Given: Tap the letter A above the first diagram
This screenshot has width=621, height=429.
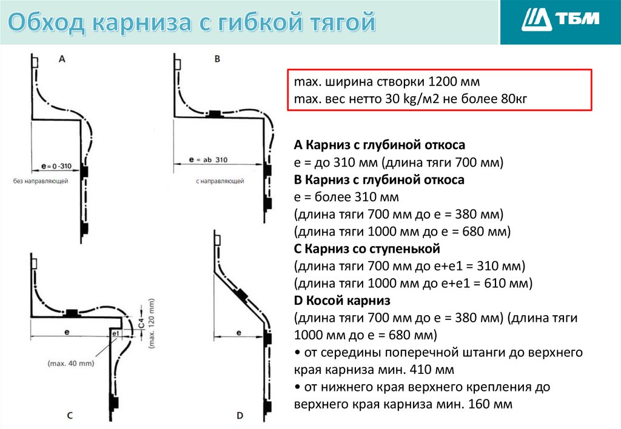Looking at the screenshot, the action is click(62, 59).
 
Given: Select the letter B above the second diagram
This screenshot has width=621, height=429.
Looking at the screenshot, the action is click(217, 59).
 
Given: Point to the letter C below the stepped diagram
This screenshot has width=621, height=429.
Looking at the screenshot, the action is click(70, 415).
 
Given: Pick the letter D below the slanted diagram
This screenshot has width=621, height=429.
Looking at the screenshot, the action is click(240, 415).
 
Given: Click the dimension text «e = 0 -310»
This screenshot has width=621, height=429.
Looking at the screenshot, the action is click(55, 165).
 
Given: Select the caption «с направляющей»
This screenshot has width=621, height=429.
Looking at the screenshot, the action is click(220, 181).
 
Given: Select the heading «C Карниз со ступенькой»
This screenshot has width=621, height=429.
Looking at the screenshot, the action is click(366, 248).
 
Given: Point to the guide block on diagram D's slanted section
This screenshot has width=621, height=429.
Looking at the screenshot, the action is click(241, 295).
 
